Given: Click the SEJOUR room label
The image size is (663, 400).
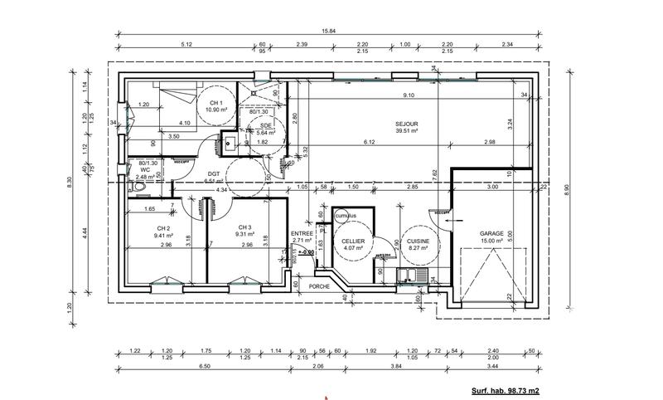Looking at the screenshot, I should pos(406,124).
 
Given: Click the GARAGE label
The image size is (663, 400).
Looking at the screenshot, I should pos(491,234).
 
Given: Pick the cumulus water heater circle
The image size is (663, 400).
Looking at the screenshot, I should pos(346,215).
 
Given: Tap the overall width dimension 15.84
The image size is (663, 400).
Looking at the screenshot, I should pos(330,32).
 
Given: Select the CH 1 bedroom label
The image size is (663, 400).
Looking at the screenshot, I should pos(216,103).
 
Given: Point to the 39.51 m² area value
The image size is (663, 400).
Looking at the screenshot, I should pos(406,131).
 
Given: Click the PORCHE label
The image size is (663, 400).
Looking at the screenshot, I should pos(319,286).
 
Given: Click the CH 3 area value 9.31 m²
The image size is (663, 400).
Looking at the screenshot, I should pos(244,235).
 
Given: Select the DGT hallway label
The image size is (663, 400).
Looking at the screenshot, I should pos(213,173).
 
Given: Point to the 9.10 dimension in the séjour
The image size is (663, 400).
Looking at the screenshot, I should pos(409,95).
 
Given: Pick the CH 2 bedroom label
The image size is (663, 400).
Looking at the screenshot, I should pos(162,227).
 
